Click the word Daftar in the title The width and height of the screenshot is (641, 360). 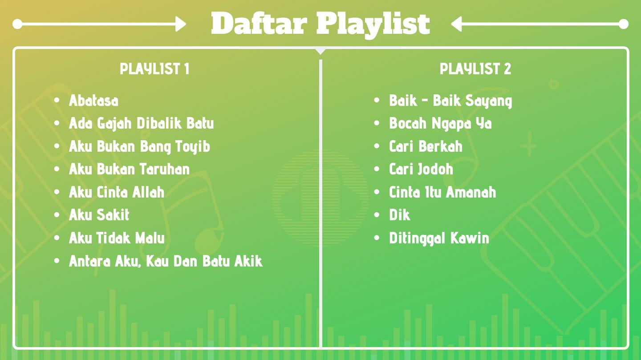259,23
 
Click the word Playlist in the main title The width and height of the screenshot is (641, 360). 373,25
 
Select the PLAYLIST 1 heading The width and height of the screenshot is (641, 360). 154,69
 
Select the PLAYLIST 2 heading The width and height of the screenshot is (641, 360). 475,69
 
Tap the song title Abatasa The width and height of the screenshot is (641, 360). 93,101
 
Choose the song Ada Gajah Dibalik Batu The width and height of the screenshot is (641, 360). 142,124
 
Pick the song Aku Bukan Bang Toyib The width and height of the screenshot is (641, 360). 139,147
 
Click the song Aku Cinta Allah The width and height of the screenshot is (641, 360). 117,192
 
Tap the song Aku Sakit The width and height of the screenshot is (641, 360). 99,215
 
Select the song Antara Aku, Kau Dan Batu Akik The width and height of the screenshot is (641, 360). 166,261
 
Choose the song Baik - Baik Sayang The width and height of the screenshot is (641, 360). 450,101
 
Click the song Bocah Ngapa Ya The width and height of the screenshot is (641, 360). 440,124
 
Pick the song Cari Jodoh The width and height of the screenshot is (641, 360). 421,169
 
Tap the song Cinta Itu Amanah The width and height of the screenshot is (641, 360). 442,192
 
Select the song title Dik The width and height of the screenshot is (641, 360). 399,215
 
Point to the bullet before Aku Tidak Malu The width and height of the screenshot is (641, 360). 57,238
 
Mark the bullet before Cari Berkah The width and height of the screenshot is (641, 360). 377,146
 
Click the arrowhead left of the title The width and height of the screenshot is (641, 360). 181,24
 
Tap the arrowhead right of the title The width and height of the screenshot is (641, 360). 457,24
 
